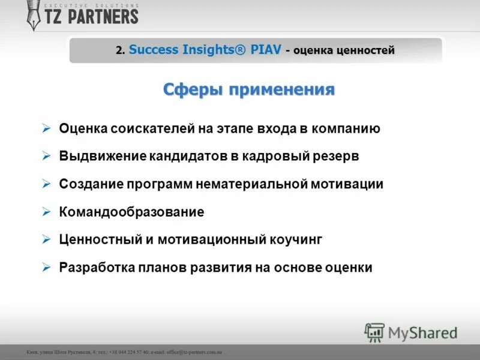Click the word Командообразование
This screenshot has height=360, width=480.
point(132,212)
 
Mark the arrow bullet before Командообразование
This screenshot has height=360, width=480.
point(47,212)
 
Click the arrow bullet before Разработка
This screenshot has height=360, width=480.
point(47,267)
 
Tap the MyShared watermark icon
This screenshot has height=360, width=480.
point(374,332)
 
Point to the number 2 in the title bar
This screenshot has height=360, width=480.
point(119,50)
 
